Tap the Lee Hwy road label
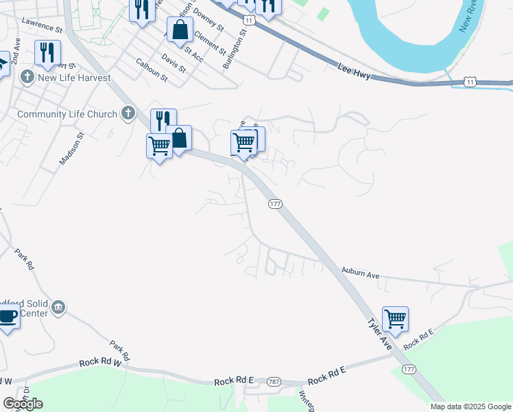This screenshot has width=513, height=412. click(x=355, y=71)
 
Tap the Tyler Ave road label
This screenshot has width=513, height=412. click(x=378, y=334)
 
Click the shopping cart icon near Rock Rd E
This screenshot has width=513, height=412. click(x=395, y=319)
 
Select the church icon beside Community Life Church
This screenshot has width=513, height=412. click(x=128, y=113)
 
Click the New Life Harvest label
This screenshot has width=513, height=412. click(x=75, y=78)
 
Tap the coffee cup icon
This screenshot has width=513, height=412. click(x=8, y=317)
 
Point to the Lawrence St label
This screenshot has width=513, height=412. click(x=42, y=26)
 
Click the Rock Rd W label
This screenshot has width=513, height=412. click(x=99, y=362)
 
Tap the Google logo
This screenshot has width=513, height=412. click(x=23, y=403)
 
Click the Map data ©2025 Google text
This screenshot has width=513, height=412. click(x=470, y=407)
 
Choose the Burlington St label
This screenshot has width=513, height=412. click(x=234, y=49)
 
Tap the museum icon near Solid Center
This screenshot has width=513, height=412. click(x=58, y=306)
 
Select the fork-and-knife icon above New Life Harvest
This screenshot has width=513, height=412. click(x=47, y=53)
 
